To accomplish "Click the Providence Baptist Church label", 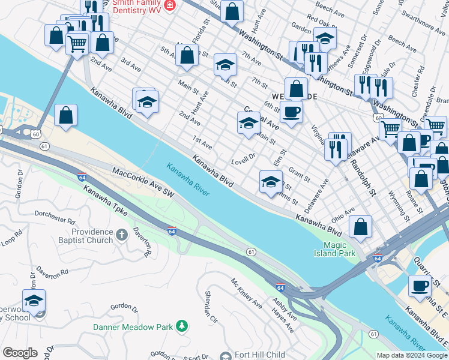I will (92, 236).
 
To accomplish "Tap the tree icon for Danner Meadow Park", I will (181, 326).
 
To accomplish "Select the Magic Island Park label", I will (339, 249).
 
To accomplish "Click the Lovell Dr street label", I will (244, 160).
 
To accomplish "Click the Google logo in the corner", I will (20, 353).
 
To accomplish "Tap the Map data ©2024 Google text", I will (411, 355).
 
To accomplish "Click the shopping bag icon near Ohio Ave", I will (360, 227).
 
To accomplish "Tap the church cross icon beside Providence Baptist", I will (122, 234).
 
